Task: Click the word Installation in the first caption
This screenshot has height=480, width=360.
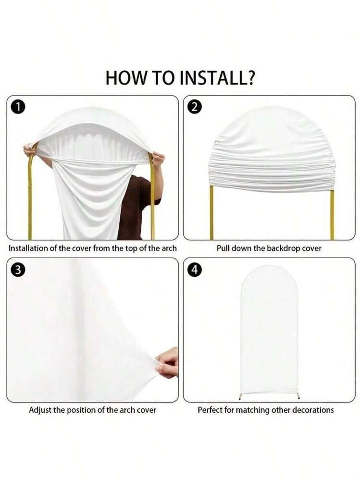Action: [x=28, y=248]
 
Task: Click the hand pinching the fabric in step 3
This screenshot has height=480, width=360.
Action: [x=167, y=362]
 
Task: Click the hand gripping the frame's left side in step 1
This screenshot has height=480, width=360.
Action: [x=29, y=150]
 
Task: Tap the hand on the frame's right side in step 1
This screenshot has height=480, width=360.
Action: [x=158, y=159]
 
